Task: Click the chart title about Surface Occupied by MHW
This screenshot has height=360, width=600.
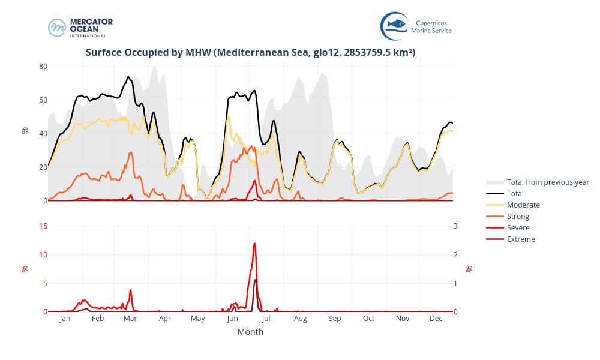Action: click(250, 53)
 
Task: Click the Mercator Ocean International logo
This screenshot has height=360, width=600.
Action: click(80, 28)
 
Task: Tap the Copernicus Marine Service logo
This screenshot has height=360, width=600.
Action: click(416, 26)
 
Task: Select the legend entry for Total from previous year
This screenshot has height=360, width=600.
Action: click(547, 182)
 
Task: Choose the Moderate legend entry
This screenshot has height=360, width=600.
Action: click(523, 205)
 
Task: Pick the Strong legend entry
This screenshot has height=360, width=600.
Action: click(518, 217)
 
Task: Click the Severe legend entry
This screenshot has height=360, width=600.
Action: click(518, 228)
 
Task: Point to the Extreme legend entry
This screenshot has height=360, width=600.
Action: click(520, 239)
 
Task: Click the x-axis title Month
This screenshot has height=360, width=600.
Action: click(250, 332)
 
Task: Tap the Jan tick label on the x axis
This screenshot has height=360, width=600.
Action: click(65, 319)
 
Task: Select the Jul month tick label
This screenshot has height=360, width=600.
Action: click(266, 319)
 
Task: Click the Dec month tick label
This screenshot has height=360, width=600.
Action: click(436, 319)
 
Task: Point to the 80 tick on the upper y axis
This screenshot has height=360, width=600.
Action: click(43, 66)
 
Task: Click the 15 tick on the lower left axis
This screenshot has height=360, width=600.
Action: click(43, 226)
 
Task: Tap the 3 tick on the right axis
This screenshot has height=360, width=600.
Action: click(455, 226)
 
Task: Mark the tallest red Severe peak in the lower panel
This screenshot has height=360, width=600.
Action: click(255, 244)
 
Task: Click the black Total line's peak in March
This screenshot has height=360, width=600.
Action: click(128, 77)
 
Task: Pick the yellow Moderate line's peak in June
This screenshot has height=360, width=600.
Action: click(228, 116)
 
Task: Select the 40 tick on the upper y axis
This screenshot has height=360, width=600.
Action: click(43, 134)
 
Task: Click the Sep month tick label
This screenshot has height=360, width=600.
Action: click(334, 319)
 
